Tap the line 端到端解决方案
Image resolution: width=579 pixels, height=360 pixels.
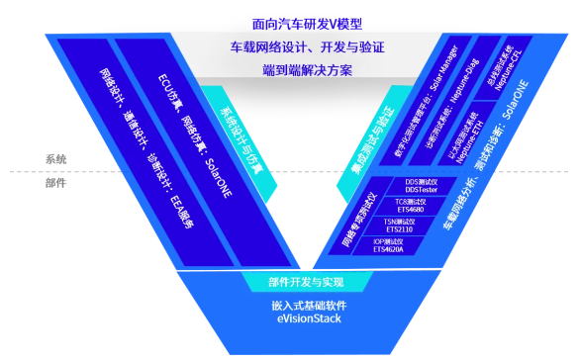(x=290, y=69)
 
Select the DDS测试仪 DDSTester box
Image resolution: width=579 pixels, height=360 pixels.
(x=427, y=187)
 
